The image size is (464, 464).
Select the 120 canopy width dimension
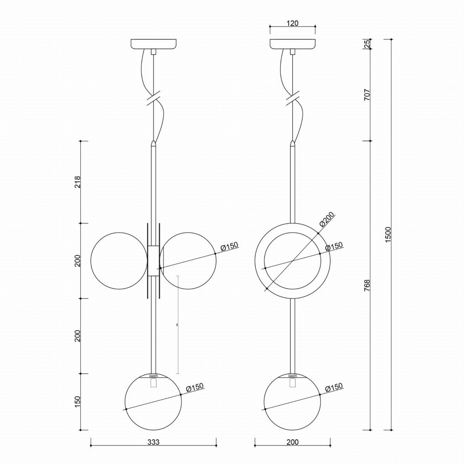coord(292,23)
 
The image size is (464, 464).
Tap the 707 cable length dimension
coord(367,96)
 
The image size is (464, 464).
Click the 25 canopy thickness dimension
coord(367,44)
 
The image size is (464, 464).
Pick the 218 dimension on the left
coord(77,182)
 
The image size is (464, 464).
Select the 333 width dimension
coord(153,442)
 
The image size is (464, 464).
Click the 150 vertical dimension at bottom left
coord(77,402)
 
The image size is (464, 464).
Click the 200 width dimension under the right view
coord(292,442)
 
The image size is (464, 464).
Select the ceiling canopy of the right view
coord(292,45)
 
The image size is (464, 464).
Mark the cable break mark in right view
coord(292,98)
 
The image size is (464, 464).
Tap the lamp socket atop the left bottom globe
coord(154,375)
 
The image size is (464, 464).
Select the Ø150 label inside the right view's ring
coord(334,246)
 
